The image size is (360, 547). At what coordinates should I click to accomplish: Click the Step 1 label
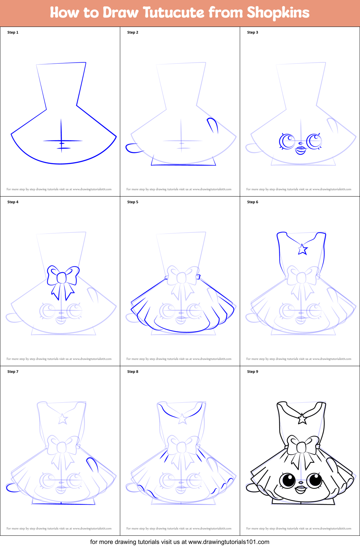(x=13, y=32)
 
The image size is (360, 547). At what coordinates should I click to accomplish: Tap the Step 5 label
(x=132, y=202)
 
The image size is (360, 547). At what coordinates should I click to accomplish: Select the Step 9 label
(x=252, y=372)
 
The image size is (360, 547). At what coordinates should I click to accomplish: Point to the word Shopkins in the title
(x=278, y=13)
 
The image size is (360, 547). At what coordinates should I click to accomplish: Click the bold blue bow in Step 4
(x=62, y=278)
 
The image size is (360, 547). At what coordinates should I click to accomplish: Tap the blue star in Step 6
(x=303, y=249)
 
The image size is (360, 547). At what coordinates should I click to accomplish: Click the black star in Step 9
(x=302, y=419)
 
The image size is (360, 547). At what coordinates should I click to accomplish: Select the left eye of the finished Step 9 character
(x=288, y=481)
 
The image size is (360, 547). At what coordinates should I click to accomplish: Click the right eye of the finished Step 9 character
(x=314, y=480)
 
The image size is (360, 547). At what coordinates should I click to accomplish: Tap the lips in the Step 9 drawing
(x=301, y=490)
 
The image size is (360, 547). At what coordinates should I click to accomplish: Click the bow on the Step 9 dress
(x=302, y=447)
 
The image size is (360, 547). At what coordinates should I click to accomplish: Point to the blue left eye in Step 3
(x=287, y=141)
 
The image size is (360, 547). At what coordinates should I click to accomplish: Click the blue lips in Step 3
(x=300, y=150)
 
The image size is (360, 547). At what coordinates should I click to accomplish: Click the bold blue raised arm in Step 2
(x=213, y=125)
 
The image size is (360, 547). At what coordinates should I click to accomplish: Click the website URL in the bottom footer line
(x=229, y=542)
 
